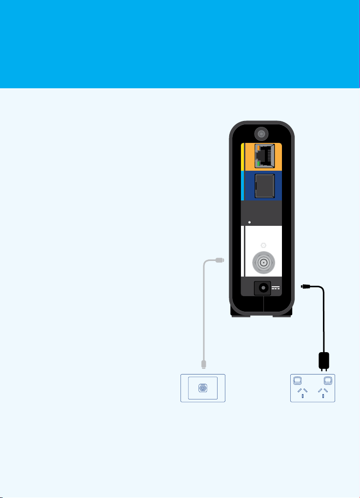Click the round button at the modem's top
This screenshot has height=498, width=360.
click(x=261, y=133)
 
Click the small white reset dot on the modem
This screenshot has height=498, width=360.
click(x=250, y=222)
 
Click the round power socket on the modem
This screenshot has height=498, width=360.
click(x=263, y=288)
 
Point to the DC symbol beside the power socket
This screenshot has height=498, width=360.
click(x=276, y=288)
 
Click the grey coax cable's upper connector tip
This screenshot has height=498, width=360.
click(x=222, y=261)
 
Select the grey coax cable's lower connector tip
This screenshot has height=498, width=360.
click(x=203, y=363)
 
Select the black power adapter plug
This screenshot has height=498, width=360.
click(x=323, y=360)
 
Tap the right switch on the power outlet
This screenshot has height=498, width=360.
click(x=328, y=380)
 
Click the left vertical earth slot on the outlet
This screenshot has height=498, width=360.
click(x=302, y=396)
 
